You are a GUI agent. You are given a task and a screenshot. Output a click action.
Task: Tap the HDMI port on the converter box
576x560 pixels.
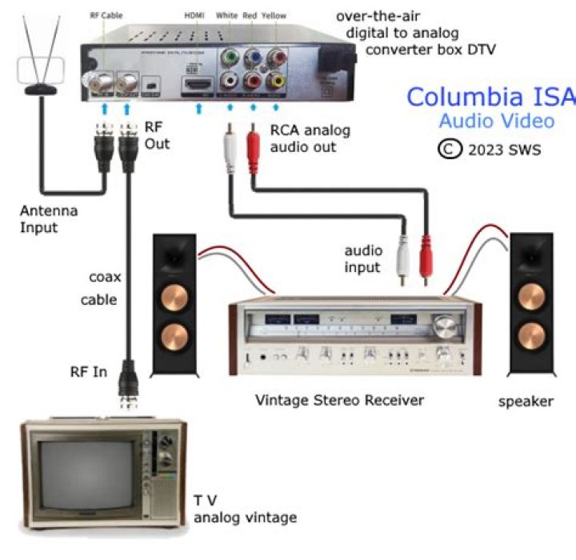pos(198,82)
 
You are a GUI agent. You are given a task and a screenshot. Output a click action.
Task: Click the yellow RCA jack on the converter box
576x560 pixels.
pos(277,80)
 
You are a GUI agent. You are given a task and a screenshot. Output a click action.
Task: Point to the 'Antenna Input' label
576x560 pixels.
pos(49,219)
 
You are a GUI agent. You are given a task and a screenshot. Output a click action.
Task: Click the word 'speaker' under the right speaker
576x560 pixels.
pos(525,401)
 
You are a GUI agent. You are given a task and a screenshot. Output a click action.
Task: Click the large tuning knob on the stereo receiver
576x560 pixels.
pos(442,325)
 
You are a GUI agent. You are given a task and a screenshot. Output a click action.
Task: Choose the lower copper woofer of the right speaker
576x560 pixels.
pos(531,337)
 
